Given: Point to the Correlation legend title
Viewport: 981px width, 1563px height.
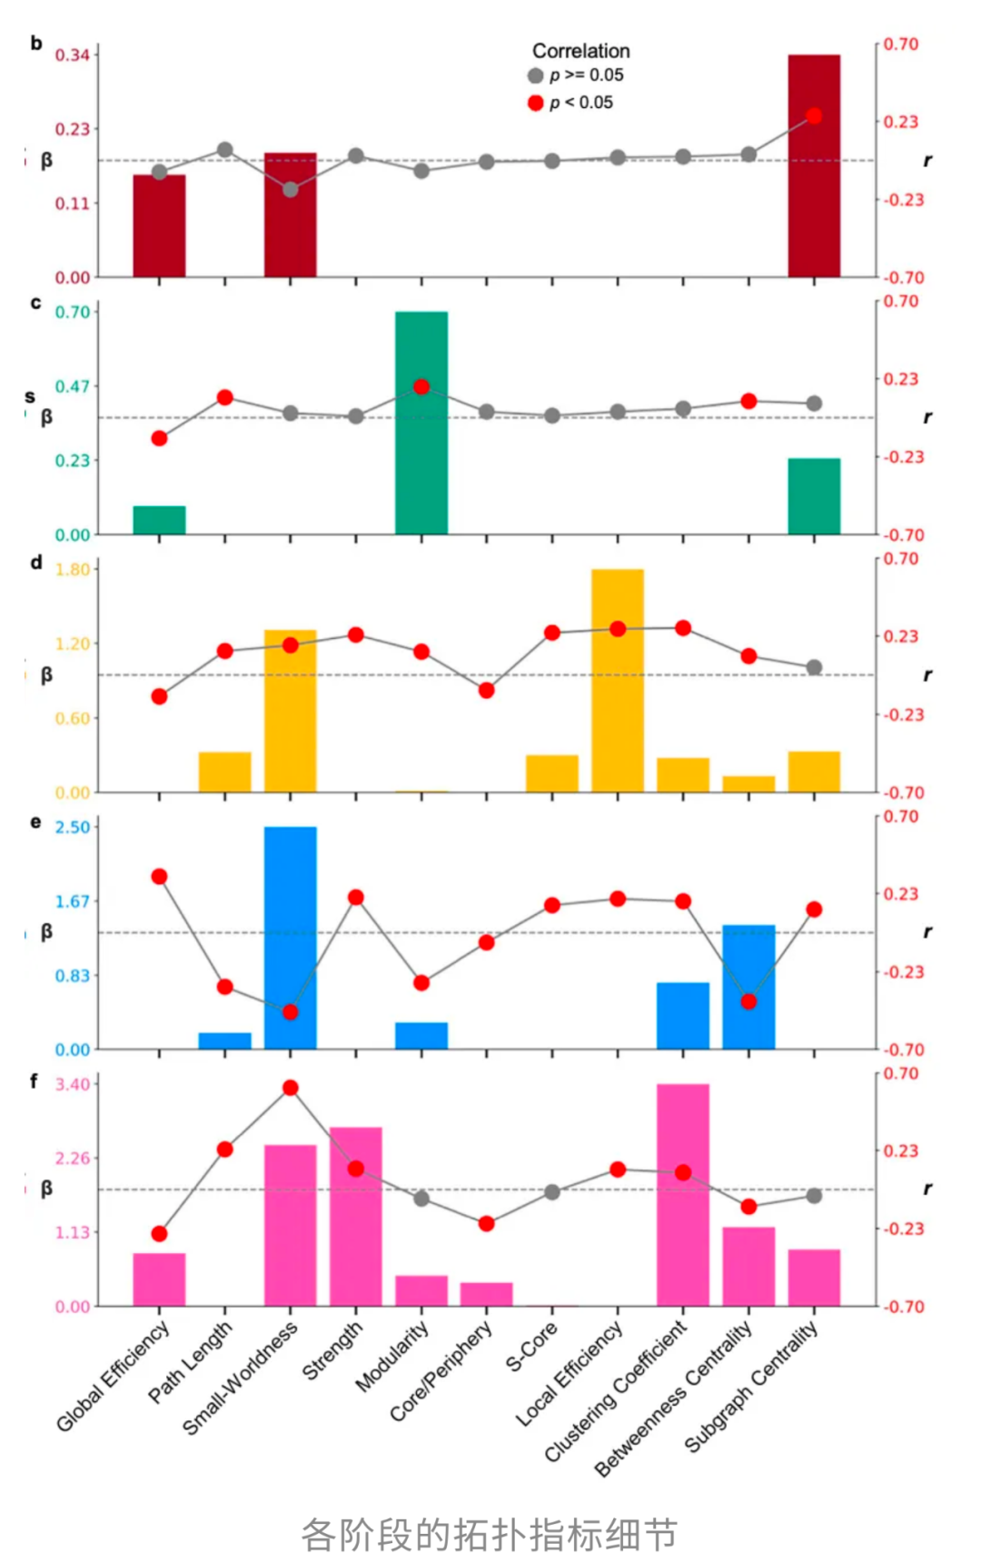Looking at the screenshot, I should pos(580,51).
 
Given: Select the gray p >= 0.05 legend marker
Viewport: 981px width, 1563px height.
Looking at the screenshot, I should pos(536,75).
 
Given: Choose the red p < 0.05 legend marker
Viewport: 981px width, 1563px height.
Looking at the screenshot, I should pos(536,103).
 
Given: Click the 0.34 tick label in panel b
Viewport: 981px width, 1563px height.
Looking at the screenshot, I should pos(73,55).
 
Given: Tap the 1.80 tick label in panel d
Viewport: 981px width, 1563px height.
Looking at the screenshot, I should pos(73,570).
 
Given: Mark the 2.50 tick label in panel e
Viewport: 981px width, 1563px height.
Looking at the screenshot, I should pos(73,827).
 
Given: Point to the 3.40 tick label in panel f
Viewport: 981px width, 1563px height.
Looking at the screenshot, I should pos(73,1084).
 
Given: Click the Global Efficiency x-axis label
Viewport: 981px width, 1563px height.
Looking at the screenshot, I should pos(113,1376).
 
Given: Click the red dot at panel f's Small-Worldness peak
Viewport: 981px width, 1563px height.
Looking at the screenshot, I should pos(291,1088).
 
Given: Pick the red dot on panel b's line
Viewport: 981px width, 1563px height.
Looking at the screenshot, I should pos(814,116).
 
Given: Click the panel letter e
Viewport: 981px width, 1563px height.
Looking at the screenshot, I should pos(35,822).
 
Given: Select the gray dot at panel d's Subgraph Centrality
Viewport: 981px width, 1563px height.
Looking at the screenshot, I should pos(814,668).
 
